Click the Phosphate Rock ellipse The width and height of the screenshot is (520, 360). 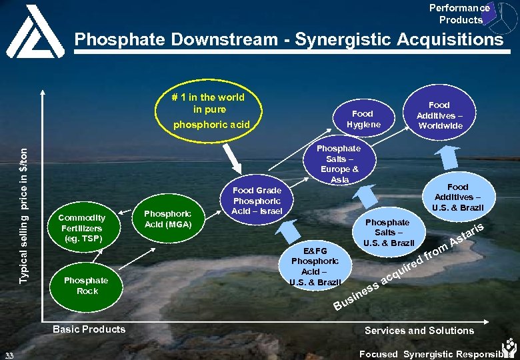(x=87, y=285)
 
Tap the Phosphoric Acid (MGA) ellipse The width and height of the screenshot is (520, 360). (x=167, y=219)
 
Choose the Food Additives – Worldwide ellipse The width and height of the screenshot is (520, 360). (x=439, y=115)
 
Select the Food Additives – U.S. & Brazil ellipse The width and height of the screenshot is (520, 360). (x=457, y=197)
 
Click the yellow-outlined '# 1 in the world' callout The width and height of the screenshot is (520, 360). (x=209, y=110)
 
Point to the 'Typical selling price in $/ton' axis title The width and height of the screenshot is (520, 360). (x=25, y=214)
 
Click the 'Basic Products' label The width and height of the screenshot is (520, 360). (x=89, y=329)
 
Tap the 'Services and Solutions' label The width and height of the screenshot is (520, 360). (x=419, y=331)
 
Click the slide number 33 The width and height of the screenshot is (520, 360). (x=8, y=354)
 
